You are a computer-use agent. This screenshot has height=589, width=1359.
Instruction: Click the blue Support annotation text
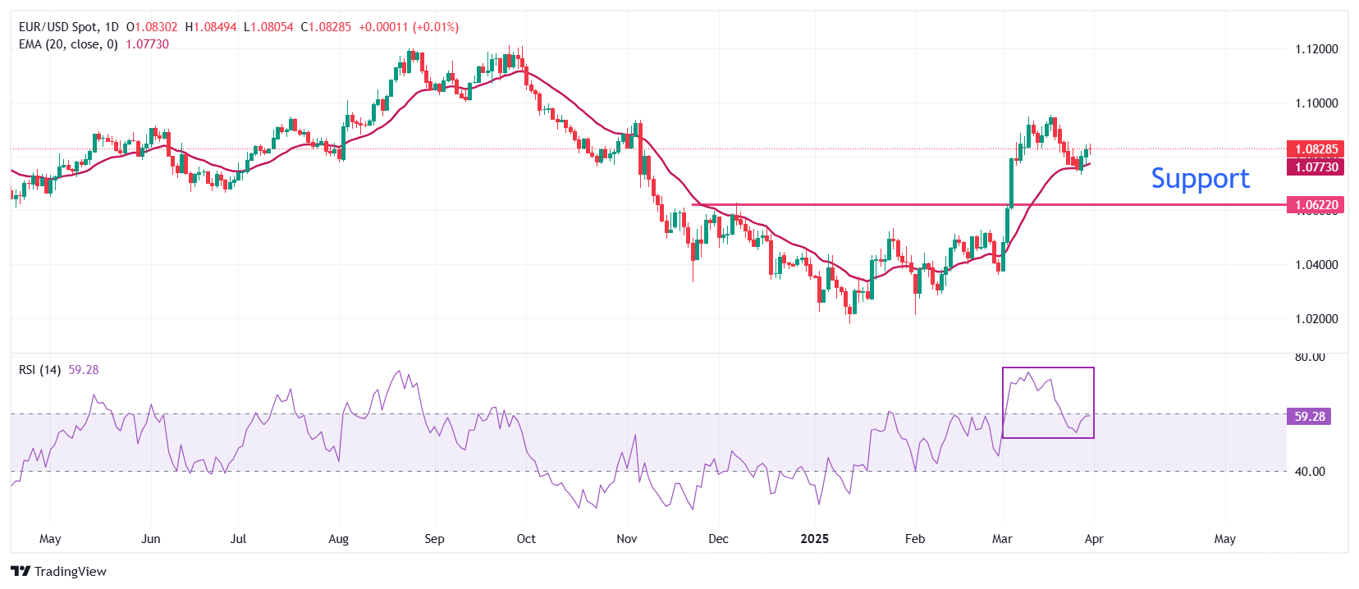point(1200,179)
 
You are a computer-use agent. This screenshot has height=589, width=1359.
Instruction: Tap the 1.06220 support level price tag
point(1316,205)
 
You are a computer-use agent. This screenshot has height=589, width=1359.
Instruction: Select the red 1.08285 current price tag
point(1316,149)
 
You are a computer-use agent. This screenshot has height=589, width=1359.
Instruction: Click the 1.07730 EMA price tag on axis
point(1316,167)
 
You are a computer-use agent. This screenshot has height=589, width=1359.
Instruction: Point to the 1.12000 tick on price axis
point(1316,49)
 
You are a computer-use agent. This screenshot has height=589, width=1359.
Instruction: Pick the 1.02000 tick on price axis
point(1316,319)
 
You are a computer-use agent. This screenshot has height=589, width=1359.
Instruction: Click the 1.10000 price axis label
point(1316,103)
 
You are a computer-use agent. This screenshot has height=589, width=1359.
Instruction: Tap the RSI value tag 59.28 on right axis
point(1309,417)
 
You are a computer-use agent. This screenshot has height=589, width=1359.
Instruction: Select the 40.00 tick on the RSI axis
point(1309,472)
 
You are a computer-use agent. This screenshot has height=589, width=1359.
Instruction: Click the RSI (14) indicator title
point(39,370)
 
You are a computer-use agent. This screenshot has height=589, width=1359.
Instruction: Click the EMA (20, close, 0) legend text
point(68,44)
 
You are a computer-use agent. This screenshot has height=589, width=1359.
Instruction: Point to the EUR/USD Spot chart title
point(68,27)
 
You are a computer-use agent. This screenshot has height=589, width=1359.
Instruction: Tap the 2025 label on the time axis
point(814,539)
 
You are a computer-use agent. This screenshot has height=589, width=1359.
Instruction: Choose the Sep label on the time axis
point(434,539)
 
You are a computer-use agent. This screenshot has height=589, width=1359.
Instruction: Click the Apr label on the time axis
point(1093,539)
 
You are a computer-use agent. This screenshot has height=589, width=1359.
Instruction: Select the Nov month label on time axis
point(626,539)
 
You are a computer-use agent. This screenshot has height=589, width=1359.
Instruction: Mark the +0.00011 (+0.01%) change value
point(409,27)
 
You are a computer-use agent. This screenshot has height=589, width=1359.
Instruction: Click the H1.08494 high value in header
point(211,27)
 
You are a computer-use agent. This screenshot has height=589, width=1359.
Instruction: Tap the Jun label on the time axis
point(150,539)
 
